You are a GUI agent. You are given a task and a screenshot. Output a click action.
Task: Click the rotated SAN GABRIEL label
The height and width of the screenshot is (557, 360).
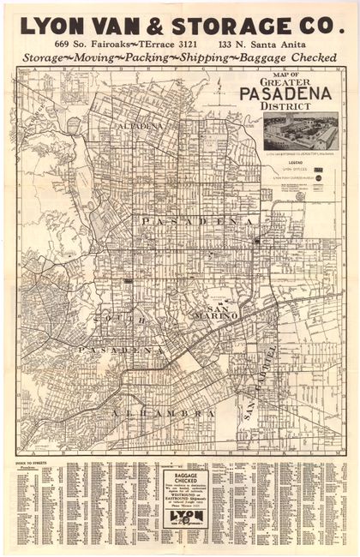point(260,381)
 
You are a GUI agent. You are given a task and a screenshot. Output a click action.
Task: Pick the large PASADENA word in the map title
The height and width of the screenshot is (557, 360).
point(292,94)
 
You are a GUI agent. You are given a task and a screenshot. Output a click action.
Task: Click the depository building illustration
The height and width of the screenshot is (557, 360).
point(299,132)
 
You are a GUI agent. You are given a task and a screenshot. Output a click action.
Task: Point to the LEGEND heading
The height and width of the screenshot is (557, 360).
point(299,161)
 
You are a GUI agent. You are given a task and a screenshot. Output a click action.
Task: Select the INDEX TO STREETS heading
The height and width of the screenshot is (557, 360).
point(33,461)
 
